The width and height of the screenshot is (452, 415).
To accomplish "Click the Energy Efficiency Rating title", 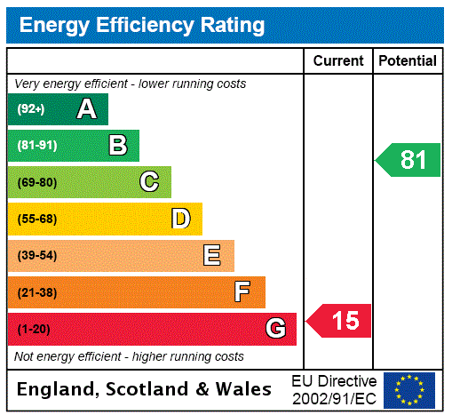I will point(142,25).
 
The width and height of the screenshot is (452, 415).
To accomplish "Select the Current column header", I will point(338,61).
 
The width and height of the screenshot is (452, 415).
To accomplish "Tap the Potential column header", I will point(408,61).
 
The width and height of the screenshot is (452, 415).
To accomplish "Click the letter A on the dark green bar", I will point(86,109).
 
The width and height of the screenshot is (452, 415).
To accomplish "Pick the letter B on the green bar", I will point(117,145).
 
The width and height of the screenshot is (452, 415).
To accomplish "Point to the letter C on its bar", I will point(149,182).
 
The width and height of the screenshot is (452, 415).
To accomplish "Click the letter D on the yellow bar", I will point(180,219).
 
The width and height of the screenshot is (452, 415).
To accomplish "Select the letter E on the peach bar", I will point(212,256).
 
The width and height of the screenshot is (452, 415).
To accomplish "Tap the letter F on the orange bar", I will point(242,292).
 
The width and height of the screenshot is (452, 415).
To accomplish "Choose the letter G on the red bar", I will point(275,330).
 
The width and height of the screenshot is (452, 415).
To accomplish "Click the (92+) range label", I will point(31,109).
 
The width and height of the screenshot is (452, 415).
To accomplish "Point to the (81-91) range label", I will point(36,145).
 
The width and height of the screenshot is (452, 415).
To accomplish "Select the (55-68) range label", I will point(36,219).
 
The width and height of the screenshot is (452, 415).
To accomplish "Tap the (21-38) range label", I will point(36,292).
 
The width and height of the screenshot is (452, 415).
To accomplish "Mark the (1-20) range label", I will point(34,330).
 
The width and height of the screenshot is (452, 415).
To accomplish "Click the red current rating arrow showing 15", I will point(339,320).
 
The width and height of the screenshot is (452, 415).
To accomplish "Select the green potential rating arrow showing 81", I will point(408,160).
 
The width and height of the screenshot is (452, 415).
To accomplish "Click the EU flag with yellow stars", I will point(409,389).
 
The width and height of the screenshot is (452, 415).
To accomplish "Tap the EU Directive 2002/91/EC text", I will point(334,389).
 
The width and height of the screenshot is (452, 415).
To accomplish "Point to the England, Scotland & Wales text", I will point(145,389).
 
